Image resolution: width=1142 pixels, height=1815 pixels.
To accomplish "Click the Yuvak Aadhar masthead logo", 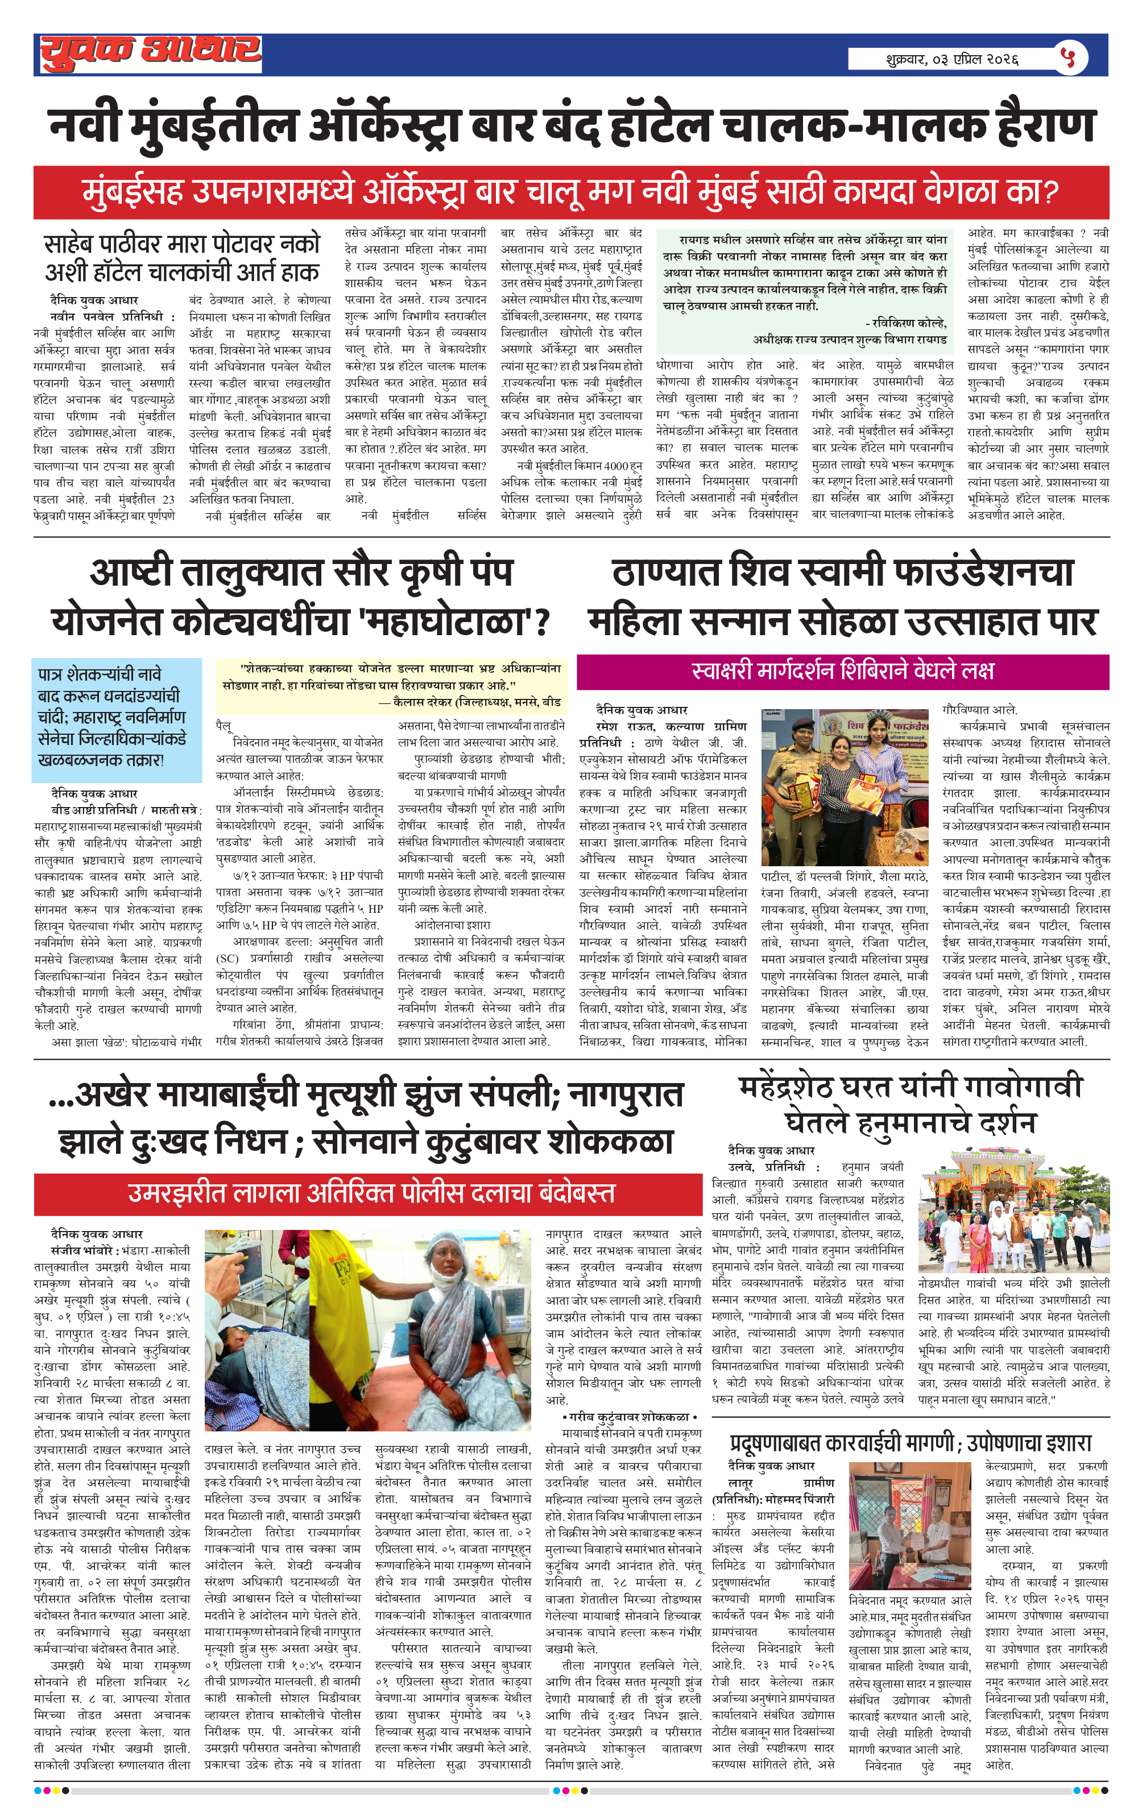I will [150, 53].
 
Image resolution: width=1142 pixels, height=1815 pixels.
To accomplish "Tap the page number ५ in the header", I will [1067, 57].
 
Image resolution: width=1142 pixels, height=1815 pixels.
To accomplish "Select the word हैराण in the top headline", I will [1046, 125].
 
